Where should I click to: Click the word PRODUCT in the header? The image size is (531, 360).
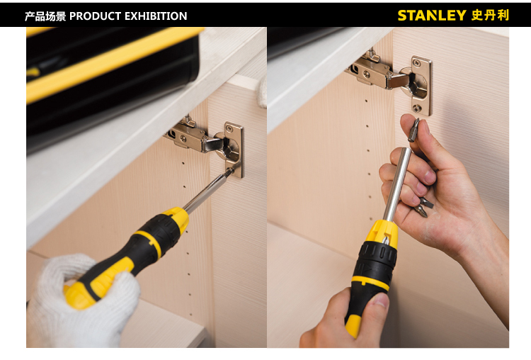coord(95,16)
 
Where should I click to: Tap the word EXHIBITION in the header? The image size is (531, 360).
coord(156,16)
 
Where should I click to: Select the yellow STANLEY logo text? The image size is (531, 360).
coord(432,16)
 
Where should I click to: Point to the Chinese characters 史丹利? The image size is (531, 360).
coord(490,16)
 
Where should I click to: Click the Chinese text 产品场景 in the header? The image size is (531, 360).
coord(45,16)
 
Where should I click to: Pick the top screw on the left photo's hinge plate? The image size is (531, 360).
coord(229,128)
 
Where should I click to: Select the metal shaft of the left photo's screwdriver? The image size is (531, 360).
coord(207,190)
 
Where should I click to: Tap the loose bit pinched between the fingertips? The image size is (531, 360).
coord(414,130)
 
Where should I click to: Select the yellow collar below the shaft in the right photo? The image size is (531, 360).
coord(382,235)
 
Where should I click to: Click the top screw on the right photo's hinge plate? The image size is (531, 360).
coord(417,62)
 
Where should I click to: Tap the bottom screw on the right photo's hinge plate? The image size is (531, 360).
coord(417,108)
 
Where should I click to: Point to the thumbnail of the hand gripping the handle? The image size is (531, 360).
coord(381,300)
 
